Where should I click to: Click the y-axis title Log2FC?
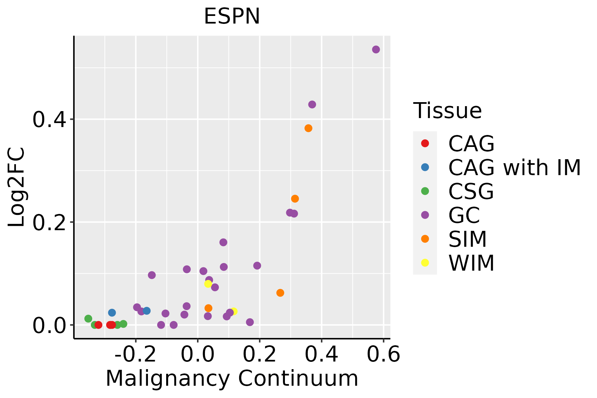tap(17, 187)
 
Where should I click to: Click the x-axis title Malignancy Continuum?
tap(232, 378)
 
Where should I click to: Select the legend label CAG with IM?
tap(514, 167)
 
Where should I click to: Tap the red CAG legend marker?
tap(425, 143)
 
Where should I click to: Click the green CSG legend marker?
tap(425, 191)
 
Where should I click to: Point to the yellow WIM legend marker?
tap(425, 263)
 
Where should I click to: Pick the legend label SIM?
tap(467, 239)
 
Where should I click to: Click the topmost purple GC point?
tap(376, 49)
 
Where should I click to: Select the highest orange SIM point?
tap(308, 128)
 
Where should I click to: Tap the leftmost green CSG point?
tap(88, 318)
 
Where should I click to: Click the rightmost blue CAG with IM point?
tap(147, 311)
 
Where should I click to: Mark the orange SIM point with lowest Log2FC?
tap(208, 308)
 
